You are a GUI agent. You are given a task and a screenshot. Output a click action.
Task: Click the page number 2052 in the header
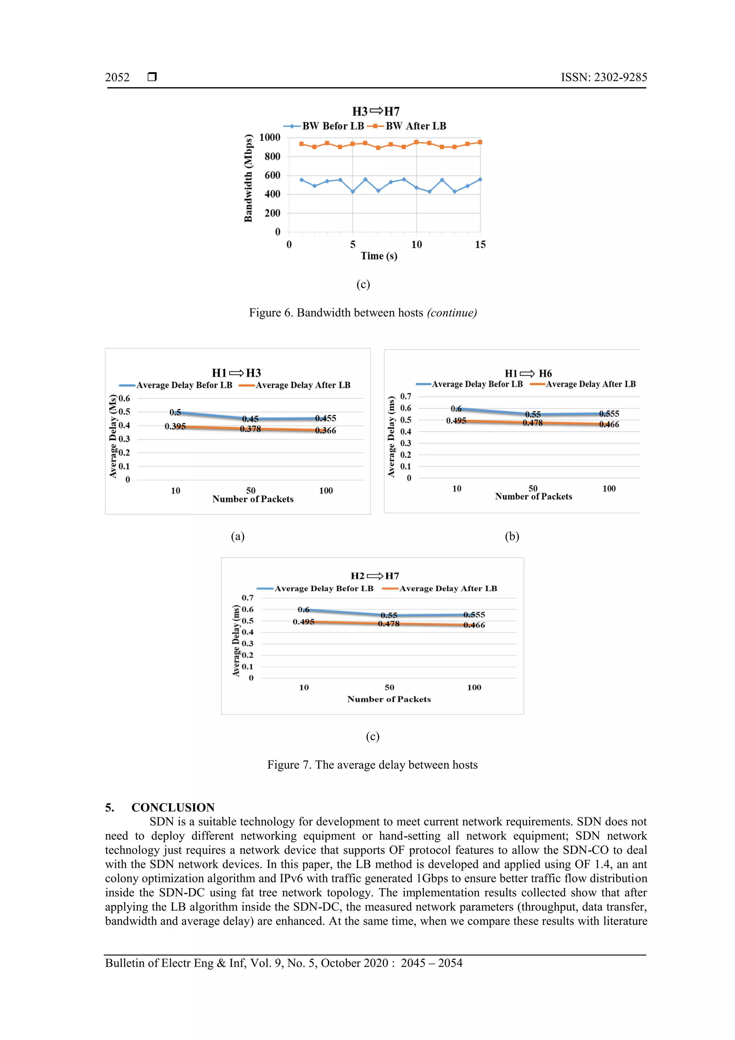[117, 78]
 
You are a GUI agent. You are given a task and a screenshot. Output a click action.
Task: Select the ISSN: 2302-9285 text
[604, 78]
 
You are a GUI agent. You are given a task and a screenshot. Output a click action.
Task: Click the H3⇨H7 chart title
[376, 111]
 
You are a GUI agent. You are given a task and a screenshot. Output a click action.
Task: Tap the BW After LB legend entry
[415, 126]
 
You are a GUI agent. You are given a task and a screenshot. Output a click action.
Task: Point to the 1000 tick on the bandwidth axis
[270, 137]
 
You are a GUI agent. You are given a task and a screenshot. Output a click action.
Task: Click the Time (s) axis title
[379, 256]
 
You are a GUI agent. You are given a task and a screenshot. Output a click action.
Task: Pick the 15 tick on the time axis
[480, 244]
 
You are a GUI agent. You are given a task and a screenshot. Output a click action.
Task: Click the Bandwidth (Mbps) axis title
[248, 178]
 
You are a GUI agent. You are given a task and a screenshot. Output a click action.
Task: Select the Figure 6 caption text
[363, 313]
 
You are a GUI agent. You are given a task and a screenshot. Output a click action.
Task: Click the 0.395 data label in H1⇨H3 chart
[175, 426]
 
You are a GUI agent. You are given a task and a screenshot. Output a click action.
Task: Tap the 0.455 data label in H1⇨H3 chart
[326, 418]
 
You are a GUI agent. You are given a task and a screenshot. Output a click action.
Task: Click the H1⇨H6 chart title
[528, 373]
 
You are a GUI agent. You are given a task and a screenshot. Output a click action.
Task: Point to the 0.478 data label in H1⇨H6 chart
[533, 423]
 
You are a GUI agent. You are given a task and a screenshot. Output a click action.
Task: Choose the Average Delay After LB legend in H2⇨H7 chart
[448, 588]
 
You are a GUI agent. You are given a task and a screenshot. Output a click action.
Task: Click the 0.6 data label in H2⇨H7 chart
[303, 610]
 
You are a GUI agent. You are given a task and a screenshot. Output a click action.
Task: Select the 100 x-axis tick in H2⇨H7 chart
[474, 687]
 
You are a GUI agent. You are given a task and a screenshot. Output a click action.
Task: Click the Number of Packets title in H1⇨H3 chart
[253, 499]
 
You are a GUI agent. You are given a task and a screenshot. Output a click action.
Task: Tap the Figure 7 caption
[372, 765]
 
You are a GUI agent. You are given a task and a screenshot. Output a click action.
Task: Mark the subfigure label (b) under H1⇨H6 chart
[512, 536]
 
